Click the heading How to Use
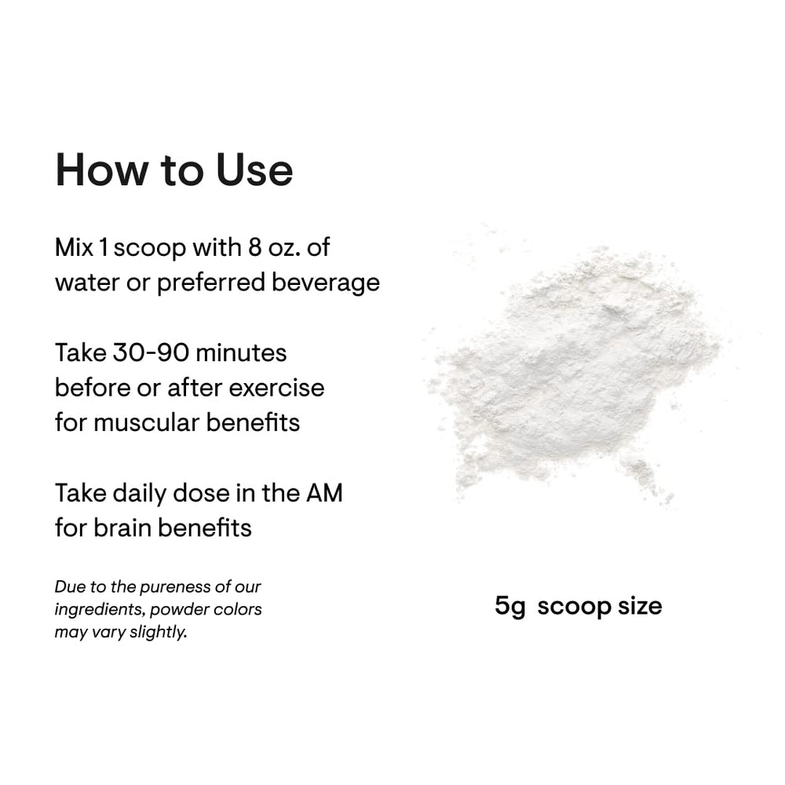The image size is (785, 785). [x=173, y=170]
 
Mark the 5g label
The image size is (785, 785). [x=509, y=606]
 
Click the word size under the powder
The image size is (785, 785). [x=639, y=606]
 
